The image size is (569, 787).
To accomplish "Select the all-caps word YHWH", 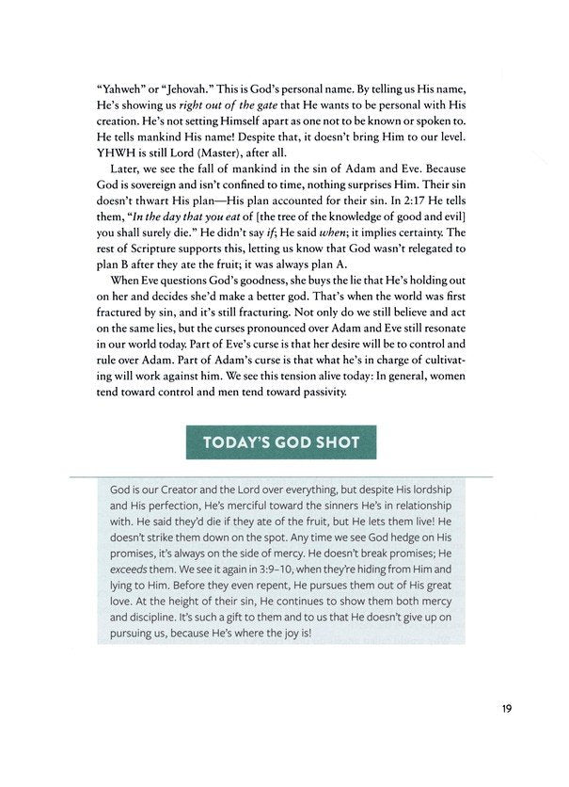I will (x=119, y=155).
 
